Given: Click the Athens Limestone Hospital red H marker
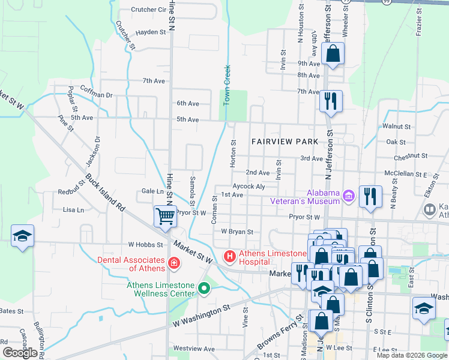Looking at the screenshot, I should coord(229,257).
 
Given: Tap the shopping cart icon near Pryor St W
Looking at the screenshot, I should coord(165,215).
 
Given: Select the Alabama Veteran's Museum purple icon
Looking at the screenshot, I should coord(348,195).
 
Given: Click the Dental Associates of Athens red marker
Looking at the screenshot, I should coord(173,262).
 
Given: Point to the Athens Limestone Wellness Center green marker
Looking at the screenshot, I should coord(204,289).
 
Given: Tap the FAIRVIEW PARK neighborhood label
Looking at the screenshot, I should coord(285,142).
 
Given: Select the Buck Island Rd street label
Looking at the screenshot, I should coord(104,193).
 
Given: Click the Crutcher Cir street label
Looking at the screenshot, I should coord(148,10).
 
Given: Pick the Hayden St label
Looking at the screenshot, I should coord(150,32).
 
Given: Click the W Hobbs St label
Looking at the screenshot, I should coord(146,245).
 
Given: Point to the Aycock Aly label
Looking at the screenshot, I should coord(249,187).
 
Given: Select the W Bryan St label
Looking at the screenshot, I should coord(237,231).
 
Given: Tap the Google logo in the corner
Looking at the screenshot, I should coord(20,353).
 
